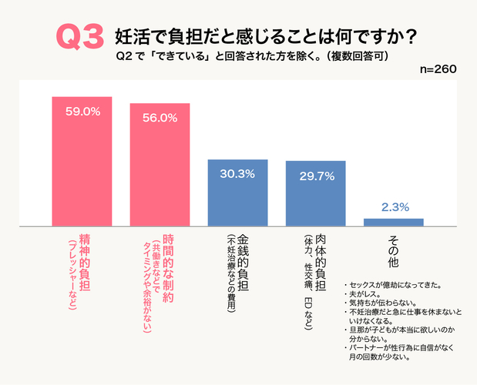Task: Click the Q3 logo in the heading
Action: click(79, 37)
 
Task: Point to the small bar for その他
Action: click(393, 223)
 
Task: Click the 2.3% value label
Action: click(395, 207)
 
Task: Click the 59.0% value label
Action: click(82, 112)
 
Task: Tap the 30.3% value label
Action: click(237, 174)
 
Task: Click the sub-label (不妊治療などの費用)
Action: click(230, 274)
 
